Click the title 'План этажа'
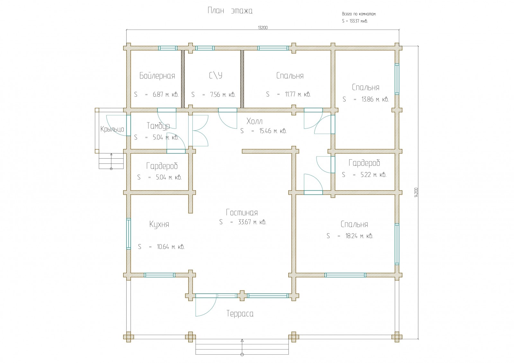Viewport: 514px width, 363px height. click(230, 11)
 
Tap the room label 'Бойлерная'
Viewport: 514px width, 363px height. click(157, 76)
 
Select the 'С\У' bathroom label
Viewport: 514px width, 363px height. click(216, 75)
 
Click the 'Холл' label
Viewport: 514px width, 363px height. click(254, 121)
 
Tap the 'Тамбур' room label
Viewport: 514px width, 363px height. click(158, 126)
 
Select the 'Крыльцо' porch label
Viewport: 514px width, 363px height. click(112, 129)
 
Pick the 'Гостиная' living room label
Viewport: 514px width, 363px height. click(242, 213)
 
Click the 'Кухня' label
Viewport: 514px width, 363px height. click(159, 224)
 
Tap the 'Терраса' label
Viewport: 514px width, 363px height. click(240, 314)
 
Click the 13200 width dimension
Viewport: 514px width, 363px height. click(262, 28)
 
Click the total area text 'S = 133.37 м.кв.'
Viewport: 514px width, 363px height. click(355, 21)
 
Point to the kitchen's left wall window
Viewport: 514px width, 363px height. click(128, 234)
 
